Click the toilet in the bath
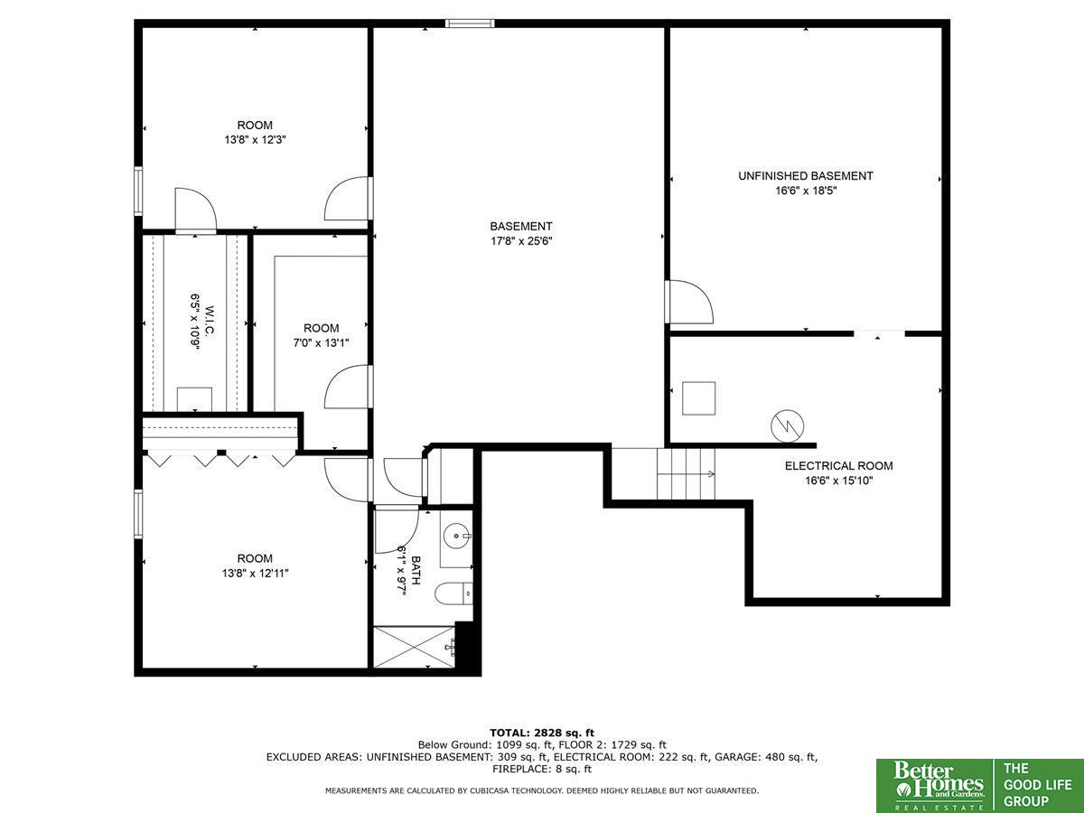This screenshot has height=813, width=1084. coord(453,593)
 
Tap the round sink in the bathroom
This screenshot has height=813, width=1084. coord(456,535)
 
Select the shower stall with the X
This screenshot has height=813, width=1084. coord(414,647)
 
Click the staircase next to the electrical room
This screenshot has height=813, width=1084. coord(686,474)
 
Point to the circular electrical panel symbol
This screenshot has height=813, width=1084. coord(787,425)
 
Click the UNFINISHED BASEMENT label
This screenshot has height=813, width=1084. coord(806,176)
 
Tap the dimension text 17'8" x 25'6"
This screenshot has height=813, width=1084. coord(521,241)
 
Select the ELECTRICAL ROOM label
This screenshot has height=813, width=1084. coord(838,465)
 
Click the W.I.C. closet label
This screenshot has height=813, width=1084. coord(210,322)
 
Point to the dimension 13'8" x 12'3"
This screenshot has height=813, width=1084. coord(255,140)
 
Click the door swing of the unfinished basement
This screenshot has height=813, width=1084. coord(690,302)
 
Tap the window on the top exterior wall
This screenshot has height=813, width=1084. coord(470,23)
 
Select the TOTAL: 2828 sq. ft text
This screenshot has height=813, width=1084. coord(542,733)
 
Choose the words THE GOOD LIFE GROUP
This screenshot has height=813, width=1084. coord(1037,785)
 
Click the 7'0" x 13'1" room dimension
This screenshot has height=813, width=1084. coord(321,342)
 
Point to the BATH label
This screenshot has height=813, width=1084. coord(416,570)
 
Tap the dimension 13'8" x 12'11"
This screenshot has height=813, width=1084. coord(255,573)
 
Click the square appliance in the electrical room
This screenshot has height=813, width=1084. coord(699,398)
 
